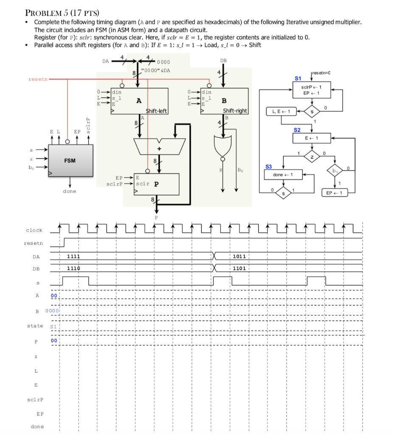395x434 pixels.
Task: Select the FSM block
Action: point(70,161)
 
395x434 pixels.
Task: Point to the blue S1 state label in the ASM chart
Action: point(297,78)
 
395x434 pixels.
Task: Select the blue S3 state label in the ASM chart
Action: point(269,167)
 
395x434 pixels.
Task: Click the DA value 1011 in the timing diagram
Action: point(239,256)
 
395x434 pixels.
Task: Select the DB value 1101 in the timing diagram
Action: point(239,269)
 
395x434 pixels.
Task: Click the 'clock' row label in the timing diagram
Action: point(34,230)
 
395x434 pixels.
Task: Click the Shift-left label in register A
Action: point(157,111)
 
